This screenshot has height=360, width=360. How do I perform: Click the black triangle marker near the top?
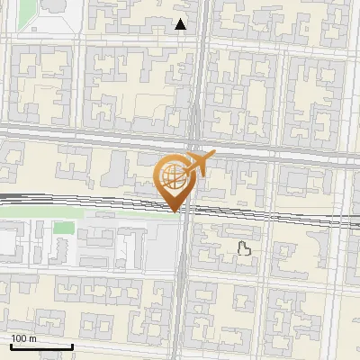point(181,24)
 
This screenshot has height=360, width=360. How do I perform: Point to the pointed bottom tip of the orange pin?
point(175,211)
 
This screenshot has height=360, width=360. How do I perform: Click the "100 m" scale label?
point(23,338)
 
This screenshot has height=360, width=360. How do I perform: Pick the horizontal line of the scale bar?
point(40,346)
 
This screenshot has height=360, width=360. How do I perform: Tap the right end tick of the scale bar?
point(72,344)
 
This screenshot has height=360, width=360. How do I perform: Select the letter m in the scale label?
point(33,339)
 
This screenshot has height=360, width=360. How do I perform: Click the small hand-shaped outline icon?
point(242,248)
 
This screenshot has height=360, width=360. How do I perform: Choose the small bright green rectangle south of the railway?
point(63,227)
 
